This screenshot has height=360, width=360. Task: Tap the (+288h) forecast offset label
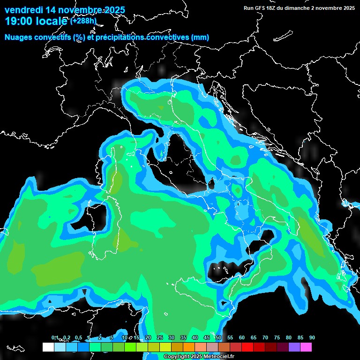(x=83, y=21)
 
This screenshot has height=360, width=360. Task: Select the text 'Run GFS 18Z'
(x=259, y=8)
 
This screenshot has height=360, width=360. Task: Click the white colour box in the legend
(x=48, y=347)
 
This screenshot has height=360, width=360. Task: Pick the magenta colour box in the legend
(x=306, y=347)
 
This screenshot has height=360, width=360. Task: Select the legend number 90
(x=312, y=337)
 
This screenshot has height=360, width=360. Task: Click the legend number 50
(x=218, y=337)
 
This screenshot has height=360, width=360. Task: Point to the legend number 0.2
(x=67, y=337)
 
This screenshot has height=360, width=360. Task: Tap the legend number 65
(x=254, y=337)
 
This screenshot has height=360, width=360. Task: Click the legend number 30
(x=172, y=337)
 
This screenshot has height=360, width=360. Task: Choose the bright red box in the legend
(x=247, y=347)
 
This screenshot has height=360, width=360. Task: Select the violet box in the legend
(x=294, y=347)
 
